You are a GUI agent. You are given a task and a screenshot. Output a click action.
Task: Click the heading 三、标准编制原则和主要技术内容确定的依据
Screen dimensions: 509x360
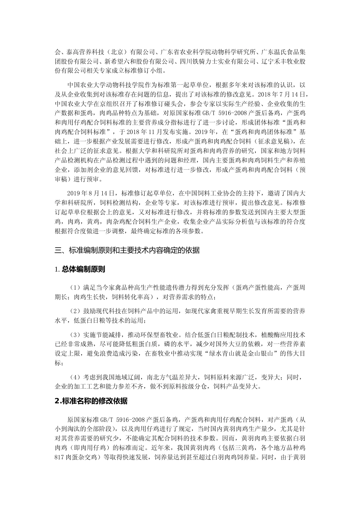coord(127,250)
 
